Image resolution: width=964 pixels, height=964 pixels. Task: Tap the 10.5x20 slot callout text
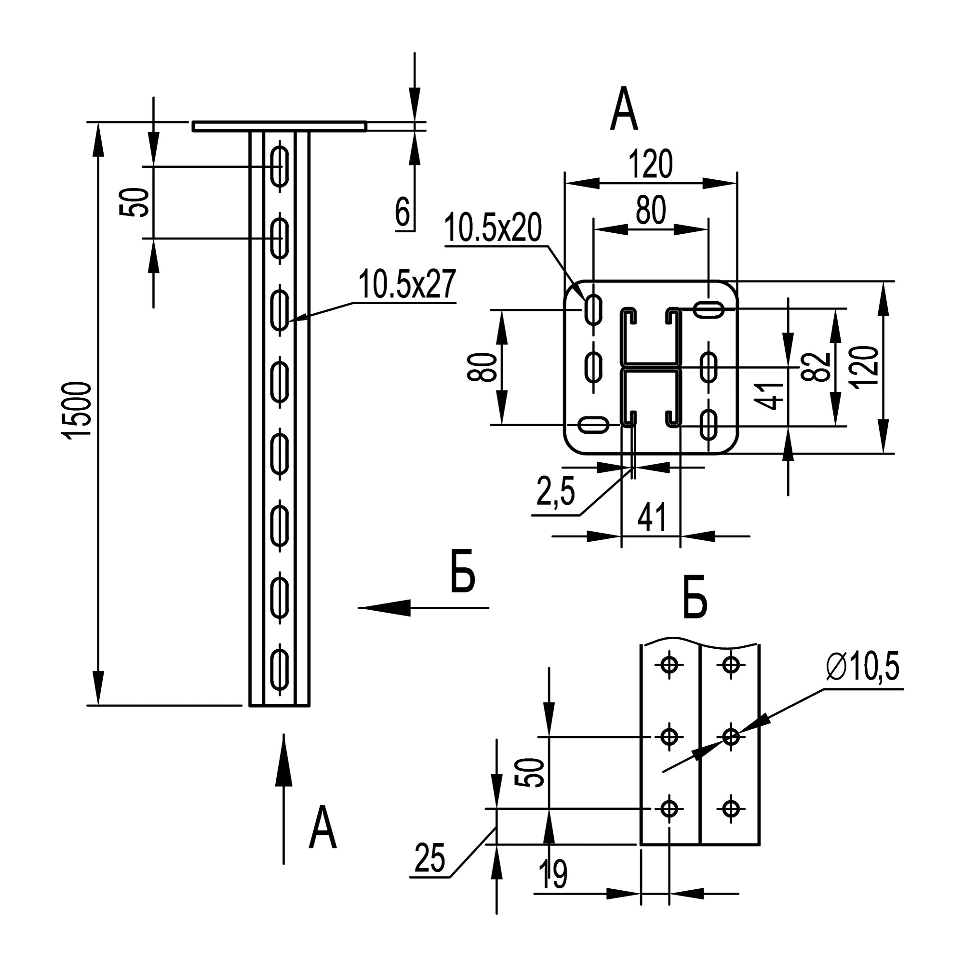[493, 228]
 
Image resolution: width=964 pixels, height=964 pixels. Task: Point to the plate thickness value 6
[402, 213]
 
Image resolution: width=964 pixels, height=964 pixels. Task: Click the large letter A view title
[624, 109]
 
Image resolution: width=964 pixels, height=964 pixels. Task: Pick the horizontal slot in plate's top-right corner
[709, 309]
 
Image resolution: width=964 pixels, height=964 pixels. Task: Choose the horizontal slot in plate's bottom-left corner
[593, 425]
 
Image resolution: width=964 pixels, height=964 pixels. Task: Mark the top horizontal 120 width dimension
[651, 165]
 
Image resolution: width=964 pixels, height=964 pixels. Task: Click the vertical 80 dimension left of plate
[482, 367]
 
